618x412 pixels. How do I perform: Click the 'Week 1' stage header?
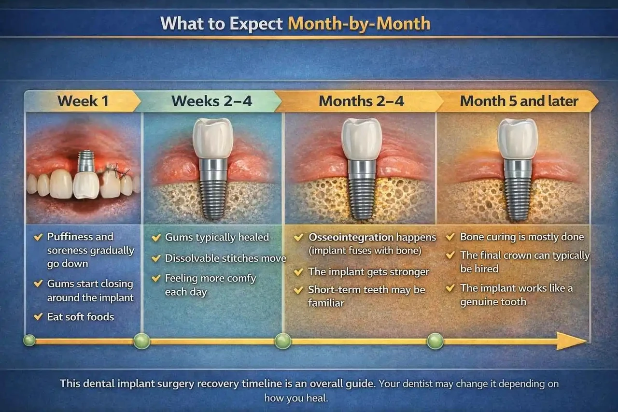click(83, 101)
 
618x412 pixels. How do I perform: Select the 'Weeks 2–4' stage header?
click(211, 101)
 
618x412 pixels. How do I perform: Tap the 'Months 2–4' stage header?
click(362, 101)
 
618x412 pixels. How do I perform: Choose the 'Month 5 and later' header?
click(519, 101)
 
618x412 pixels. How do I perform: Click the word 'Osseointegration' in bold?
click(351, 237)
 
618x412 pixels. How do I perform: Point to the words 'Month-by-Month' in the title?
click(359, 23)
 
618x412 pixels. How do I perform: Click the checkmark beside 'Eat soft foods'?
click(38, 316)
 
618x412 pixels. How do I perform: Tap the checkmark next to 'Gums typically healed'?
click(156, 237)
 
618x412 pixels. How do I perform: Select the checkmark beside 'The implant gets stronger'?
click(298, 272)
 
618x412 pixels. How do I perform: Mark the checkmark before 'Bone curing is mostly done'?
click(450, 237)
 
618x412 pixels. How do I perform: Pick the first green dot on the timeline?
click(29, 340)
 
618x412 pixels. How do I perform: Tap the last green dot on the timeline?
click(435, 341)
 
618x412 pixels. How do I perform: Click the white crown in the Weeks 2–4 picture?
click(213, 138)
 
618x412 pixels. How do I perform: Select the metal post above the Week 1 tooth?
click(86, 162)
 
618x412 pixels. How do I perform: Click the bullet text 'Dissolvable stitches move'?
click(225, 258)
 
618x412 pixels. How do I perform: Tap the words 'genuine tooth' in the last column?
click(493, 302)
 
